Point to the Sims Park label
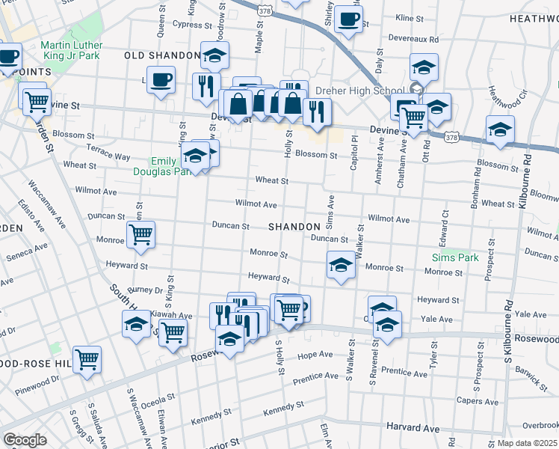pos(454,257)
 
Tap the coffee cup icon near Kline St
pos(348,20)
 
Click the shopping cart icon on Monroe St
pos(140,235)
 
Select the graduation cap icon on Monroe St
pos(340,265)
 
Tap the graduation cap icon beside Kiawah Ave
pos(137,325)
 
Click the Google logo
pos(25,439)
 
